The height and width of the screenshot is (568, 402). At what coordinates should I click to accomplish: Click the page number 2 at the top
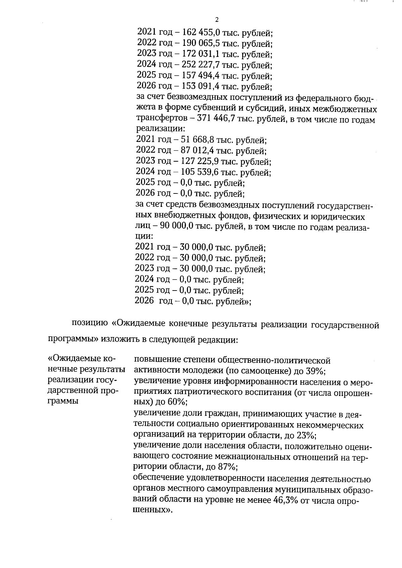[216, 19]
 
